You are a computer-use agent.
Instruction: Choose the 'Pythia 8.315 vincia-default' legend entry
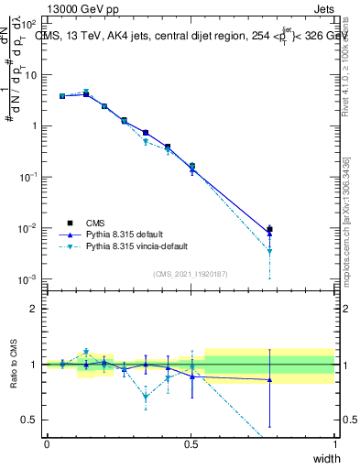[137, 246]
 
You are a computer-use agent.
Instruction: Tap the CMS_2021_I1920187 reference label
[191, 274]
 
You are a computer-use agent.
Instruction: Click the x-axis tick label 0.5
[191, 444]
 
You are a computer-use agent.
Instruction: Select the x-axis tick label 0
[47, 444]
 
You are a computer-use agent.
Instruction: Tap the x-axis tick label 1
[334, 444]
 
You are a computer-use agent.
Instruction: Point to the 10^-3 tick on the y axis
[27, 278]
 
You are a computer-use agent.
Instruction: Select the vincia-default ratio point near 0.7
[146, 398]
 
